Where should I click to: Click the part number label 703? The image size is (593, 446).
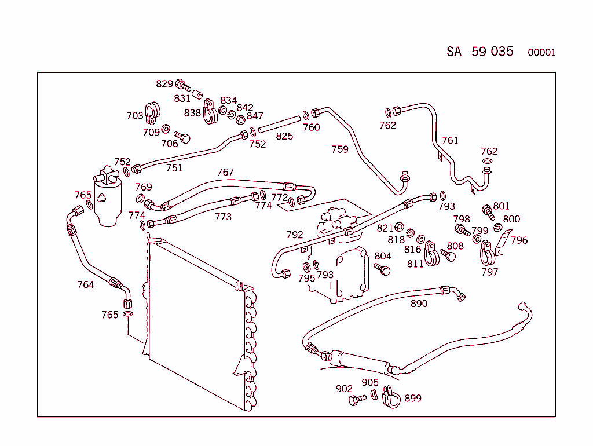[135, 115]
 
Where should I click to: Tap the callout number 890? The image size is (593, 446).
[419, 304]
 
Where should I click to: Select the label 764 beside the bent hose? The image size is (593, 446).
[86, 284]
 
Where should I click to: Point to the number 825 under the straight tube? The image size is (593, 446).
[284, 136]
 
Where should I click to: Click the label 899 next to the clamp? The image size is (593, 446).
[413, 398]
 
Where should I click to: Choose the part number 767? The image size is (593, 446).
[225, 172]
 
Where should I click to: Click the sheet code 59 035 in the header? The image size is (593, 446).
[492, 52]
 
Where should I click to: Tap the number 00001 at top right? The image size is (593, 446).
[541, 52]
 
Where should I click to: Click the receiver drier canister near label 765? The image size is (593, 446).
[107, 197]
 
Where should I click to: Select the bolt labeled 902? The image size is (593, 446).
[357, 400]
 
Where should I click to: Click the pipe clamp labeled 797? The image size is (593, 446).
[487, 254]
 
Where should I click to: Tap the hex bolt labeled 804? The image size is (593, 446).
[382, 269]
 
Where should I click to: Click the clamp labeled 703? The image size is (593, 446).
[152, 113]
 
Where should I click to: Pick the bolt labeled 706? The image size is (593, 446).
[182, 137]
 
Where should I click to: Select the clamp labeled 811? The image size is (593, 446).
[431, 254]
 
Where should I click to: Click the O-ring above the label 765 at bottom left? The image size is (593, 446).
[128, 313]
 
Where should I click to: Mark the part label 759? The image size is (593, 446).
[340, 149]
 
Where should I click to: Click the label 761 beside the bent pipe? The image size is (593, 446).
[450, 140]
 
